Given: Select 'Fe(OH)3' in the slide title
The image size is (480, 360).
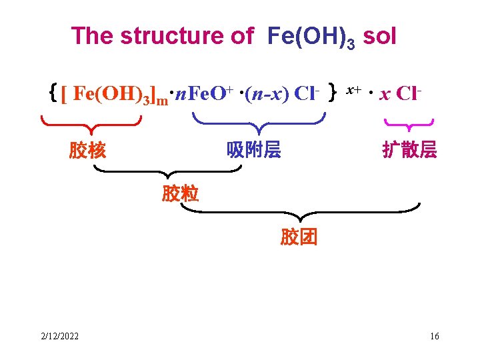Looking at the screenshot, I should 310,37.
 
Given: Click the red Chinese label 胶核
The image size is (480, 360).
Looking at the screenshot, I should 87,151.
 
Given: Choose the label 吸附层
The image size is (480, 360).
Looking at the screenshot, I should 254,150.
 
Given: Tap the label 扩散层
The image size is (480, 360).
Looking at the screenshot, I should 409,150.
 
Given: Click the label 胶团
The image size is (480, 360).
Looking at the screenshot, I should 299,237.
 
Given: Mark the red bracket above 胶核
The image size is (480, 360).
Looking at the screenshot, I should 91,122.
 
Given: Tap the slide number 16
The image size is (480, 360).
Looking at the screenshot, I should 435,336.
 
